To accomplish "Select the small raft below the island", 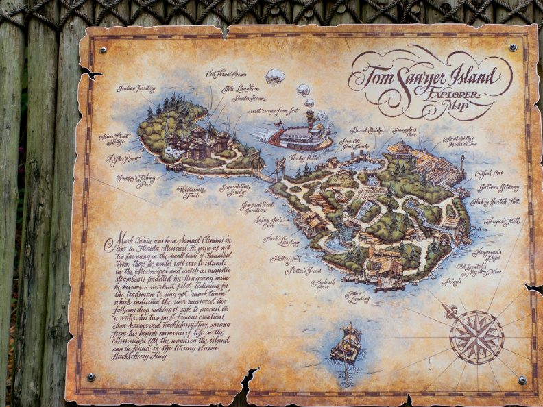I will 346,345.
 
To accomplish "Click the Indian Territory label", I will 136,89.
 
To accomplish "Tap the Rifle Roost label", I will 123,159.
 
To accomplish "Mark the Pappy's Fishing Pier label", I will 138,180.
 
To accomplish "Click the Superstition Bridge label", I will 234,188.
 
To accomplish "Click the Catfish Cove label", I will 489,173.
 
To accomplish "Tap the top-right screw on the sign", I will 513,48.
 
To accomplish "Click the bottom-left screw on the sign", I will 90,377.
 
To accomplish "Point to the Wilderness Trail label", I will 191,188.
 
